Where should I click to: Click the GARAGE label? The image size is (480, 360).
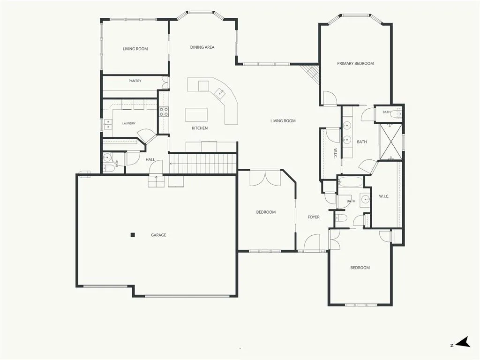click(x=158, y=235)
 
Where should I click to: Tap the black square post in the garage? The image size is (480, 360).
click(x=133, y=235)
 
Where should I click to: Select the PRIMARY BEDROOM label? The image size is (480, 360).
click(x=355, y=64)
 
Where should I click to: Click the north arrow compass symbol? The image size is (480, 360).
click(x=463, y=342)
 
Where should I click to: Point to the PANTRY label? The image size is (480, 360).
click(x=135, y=81)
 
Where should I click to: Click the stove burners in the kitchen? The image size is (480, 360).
click(x=164, y=112)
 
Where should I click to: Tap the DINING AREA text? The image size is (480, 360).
click(x=202, y=47)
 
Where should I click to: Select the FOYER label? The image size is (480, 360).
click(x=314, y=217)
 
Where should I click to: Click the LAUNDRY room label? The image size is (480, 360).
click(x=129, y=123)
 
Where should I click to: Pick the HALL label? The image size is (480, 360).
click(x=150, y=159)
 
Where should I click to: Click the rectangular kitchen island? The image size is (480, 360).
click(x=196, y=115)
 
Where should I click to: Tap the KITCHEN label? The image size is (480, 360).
click(x=200, y=128)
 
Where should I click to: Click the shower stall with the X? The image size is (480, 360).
click(x=391, y=142)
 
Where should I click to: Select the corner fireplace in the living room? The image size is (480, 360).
click(x=311, y=74)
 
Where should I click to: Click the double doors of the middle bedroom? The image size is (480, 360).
click(x=265, y=178)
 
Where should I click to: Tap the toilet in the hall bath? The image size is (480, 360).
click(x=109, y=168)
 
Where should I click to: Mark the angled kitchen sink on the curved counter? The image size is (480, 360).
click(x=220, y=93)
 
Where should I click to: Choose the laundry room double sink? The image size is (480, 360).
click(x=107, y=124)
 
